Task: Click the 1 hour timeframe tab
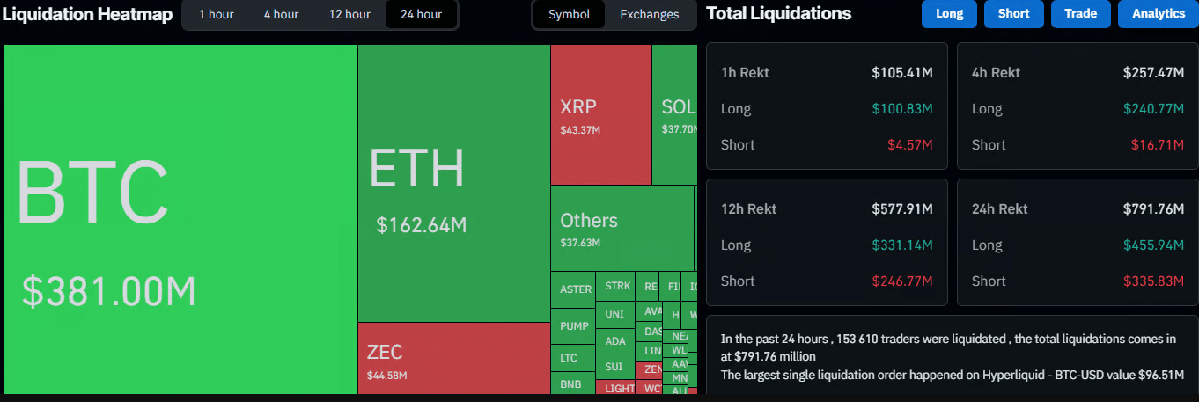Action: click(216, 14)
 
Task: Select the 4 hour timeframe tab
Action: click(281, 14)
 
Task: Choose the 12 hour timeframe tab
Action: click(349, 14)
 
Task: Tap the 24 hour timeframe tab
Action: click(421, 14)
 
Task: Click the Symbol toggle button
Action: click(569, 14)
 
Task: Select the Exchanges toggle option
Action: click(649, 14)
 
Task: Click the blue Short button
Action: click(1013, 14)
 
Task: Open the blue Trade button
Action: click(1080, 14)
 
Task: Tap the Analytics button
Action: click(1158, 14)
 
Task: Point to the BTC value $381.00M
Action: click(108, 292)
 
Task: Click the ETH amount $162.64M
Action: click(421, 225)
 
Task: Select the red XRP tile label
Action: click(578, 107)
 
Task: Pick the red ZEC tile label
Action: click(385, 353)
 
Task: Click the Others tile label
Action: click(589, 221)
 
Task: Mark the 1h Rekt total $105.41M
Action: click(901, 72)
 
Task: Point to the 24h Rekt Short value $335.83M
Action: click(1153, 281)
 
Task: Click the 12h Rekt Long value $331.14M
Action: click(902, 245)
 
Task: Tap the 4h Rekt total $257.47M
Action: click(1153, 72)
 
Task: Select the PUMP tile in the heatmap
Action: click(574, 326)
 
